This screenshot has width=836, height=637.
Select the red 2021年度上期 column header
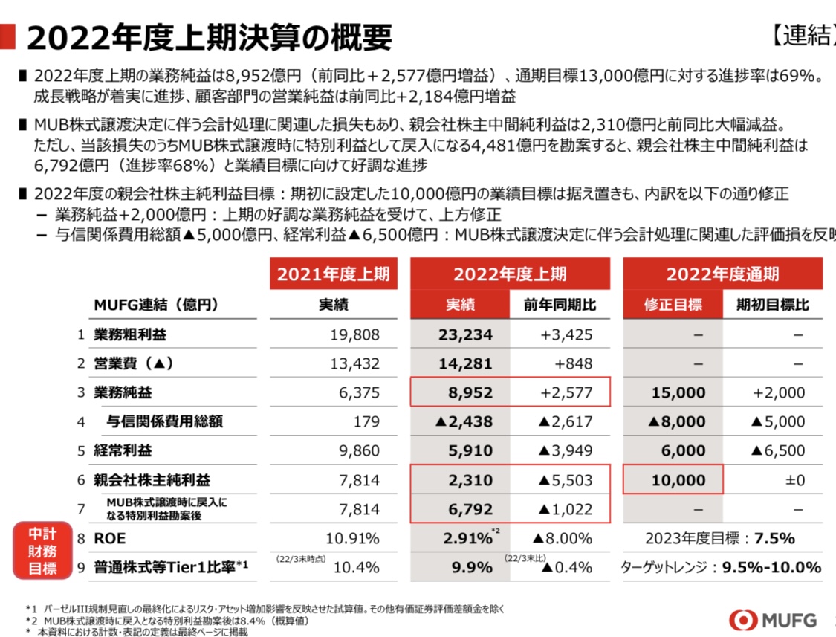tap(334, 274)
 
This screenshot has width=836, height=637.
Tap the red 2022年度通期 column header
tap(722, 274)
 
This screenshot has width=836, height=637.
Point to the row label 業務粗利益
tap(130, 334)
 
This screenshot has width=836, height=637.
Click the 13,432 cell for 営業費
tap(354, 363)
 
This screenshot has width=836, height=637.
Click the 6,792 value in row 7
tap(470, 510)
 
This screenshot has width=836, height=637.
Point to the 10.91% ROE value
tap(353, 538)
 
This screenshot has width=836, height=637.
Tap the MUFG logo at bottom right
tap(773, 620)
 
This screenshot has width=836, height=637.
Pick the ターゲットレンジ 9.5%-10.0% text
tap(721, 567)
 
